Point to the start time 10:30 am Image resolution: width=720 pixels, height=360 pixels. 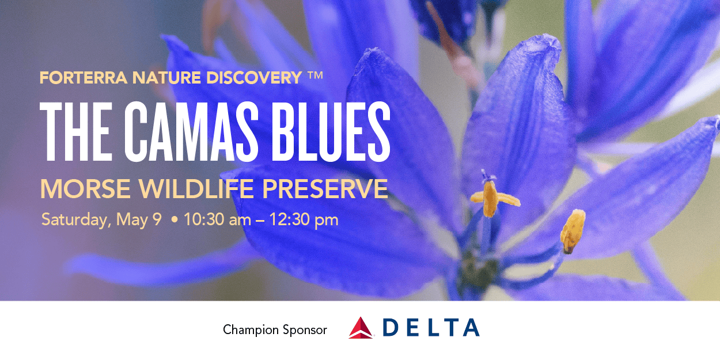click(x=217, y=220)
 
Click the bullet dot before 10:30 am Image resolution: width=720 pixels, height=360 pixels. click(x=174, y=220)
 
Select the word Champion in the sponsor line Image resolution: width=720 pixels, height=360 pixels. click(x=251, y=330)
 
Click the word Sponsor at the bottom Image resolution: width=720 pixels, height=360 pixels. click(x=305, y=330)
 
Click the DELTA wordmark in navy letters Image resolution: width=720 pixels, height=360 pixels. click(x=431, y=327)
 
